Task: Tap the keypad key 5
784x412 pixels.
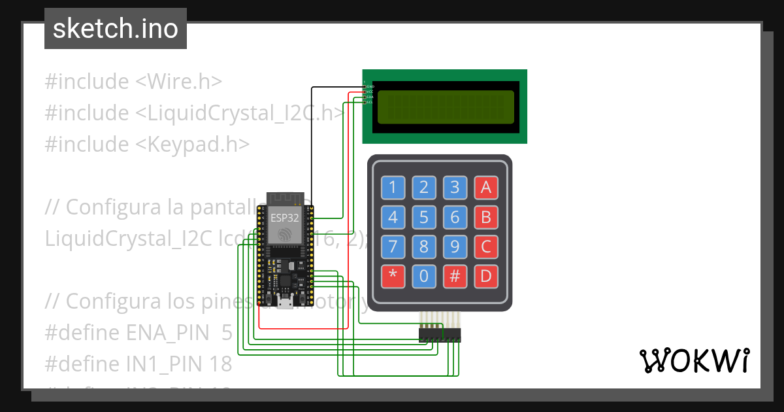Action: tap(423, 217)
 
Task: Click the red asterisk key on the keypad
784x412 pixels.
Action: tap(393, 276)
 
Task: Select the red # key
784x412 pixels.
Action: tap(455, 276)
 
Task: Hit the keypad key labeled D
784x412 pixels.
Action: tap(485, 276)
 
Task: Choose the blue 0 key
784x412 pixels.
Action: tap(423, 276)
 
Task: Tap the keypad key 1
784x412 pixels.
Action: tap(393, 188)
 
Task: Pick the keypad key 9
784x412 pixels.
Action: tap(455, 247)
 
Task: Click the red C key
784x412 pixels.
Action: tap(485, 247)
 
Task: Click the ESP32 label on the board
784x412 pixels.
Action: tap(285, 218)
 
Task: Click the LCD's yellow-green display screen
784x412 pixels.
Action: tap(446, 106)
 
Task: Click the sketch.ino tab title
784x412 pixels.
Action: tap(116, 29)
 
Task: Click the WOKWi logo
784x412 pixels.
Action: tap(694, 360)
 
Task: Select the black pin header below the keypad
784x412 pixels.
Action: tap(439, 335)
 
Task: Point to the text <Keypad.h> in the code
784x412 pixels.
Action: tap(193, 144)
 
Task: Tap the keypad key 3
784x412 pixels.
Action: tap(455, 188)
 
